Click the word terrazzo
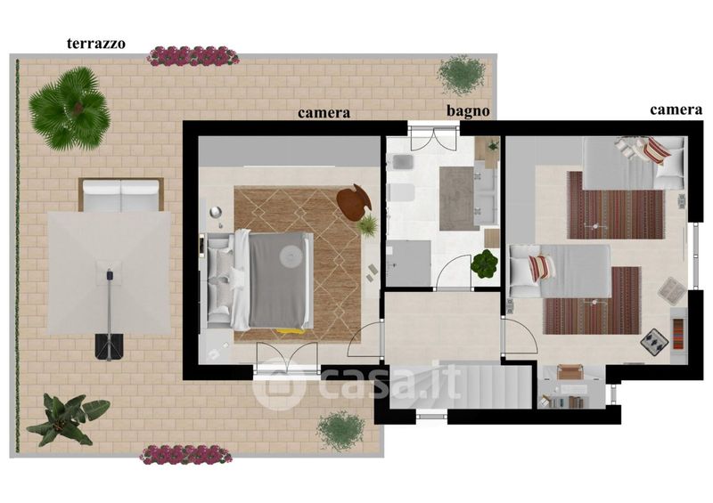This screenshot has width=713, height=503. [96, 44]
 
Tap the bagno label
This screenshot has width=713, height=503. [468, 111]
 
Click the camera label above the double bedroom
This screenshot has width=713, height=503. [324, 113]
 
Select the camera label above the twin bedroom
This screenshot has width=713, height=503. [676, 110]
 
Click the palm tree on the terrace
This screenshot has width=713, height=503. [70, 109]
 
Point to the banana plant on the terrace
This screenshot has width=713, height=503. [66, 419]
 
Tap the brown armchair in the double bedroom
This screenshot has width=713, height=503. [354, 203]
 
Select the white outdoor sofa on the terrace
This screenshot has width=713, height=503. [121, 194]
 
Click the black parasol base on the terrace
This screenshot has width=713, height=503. [109, 346]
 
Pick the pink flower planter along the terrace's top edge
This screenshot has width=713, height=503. [193, 56]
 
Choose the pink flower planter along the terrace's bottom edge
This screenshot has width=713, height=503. [186, 455]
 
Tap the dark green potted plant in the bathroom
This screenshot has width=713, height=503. [484, 264]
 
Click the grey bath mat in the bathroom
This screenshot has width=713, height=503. [456, 199]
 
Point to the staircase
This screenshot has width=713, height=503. [460, 385]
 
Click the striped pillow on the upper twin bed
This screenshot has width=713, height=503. [656, 150]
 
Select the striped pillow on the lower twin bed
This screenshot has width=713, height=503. [542, 267]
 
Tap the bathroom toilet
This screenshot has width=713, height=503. [400, 192]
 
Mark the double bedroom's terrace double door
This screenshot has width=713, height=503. [286, 359]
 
